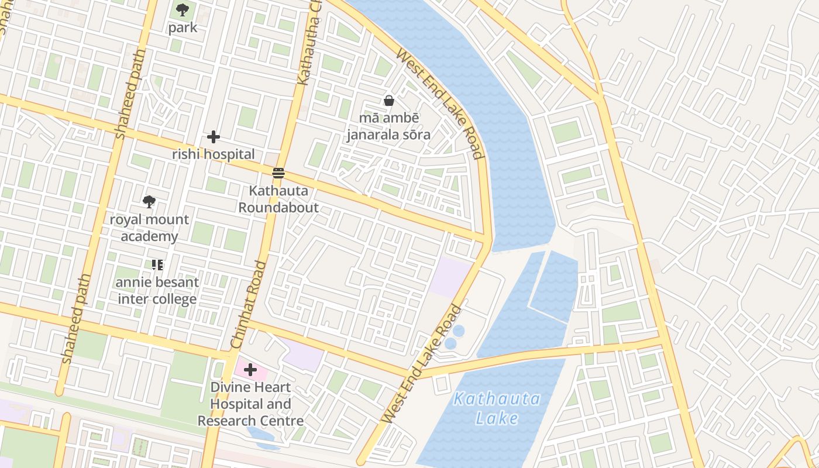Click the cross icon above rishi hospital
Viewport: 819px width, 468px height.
(214, 137)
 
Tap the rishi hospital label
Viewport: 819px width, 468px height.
(214, 154)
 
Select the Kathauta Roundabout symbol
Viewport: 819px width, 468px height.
(278, 173)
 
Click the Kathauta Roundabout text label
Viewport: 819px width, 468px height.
(278, 199)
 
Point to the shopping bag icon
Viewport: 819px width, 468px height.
(388, 101)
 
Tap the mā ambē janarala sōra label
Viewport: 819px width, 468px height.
(388, 126)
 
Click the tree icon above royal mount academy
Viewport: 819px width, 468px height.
(149, 202)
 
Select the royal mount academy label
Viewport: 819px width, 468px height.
(149, 228)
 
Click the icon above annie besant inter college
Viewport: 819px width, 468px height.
(157, 265)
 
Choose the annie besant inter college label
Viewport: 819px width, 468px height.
(157, 291)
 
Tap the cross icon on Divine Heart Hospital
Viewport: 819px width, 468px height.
(250, 370)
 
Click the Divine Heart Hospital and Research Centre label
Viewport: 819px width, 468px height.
(250, 404)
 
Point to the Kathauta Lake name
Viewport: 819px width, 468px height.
(497, 408)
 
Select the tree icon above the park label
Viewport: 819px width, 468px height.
(183, 9)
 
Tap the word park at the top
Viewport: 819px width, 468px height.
(183, 27)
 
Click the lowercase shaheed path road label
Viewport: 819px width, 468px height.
(76, 319)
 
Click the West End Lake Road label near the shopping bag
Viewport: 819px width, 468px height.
(440, 104)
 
